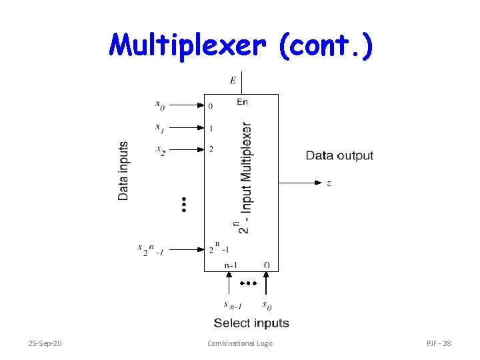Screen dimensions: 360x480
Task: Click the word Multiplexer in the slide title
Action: [x=188, y=45]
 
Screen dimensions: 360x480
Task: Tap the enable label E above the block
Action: [x=233, y=81]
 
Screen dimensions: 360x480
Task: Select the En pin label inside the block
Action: [x=242, y=102]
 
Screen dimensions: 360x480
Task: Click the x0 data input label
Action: [x=160, y=104]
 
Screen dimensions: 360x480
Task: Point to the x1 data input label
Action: [x=160, y=127]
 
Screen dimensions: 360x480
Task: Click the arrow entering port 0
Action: [x=201, y=105]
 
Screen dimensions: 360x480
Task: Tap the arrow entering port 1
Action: [x=201, y=127]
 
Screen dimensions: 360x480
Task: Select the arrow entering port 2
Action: [x=201, y=149]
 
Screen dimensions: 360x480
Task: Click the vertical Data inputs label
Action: [x=124, y=171]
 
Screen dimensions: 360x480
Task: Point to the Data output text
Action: [x=339, y=156]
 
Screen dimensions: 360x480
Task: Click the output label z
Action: [x=329, y=183]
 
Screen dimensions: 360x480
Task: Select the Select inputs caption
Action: [x=251, y=323]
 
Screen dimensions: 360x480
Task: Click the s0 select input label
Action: [x=267, y=305]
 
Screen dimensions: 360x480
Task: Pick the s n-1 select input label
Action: [x=233, y=305]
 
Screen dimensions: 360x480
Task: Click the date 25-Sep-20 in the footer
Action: [x=45, y=343]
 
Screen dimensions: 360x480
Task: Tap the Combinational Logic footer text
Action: [x=240, y=343]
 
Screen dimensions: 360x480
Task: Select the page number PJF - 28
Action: [x=439, y=343]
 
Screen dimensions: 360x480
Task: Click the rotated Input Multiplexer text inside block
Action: [x=245, y=176]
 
